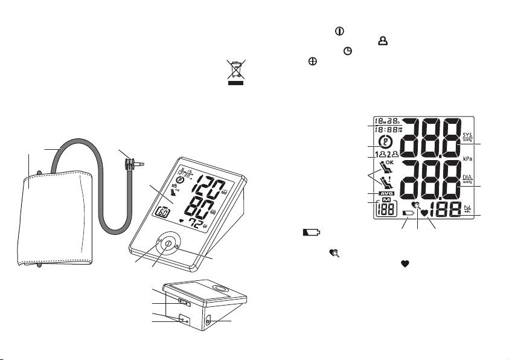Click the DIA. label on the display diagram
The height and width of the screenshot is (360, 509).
(467, 179)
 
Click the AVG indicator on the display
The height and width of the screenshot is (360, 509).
(386, 193)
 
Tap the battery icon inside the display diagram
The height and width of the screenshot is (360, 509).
(409, 213)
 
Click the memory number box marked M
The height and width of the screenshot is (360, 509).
(386, 208)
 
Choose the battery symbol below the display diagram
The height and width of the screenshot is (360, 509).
(311, 232)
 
